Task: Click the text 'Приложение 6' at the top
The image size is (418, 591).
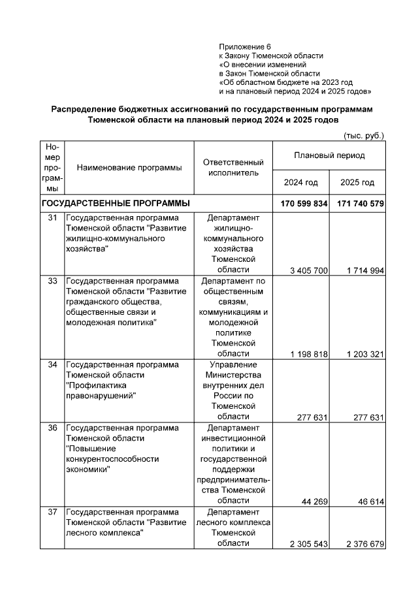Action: [x=244, y=47]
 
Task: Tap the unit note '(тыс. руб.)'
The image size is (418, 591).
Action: [x=364, y=135]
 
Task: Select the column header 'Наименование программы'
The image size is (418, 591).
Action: [x=129, y=168]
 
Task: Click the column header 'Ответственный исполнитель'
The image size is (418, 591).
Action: [x=233, y=168]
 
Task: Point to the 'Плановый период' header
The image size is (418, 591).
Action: [x=329, y=156]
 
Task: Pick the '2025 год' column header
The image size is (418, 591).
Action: [x=357, y=182]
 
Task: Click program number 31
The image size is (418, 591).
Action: [x=52, y=217]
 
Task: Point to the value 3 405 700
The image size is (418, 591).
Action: [x=308, y=270]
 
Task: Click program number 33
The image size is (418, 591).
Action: [x=52, y=281]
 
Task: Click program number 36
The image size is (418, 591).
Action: [x=52, y=428]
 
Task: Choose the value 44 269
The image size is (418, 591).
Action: [x=314, y=502]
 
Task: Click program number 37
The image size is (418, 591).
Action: [x=52, y=512]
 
